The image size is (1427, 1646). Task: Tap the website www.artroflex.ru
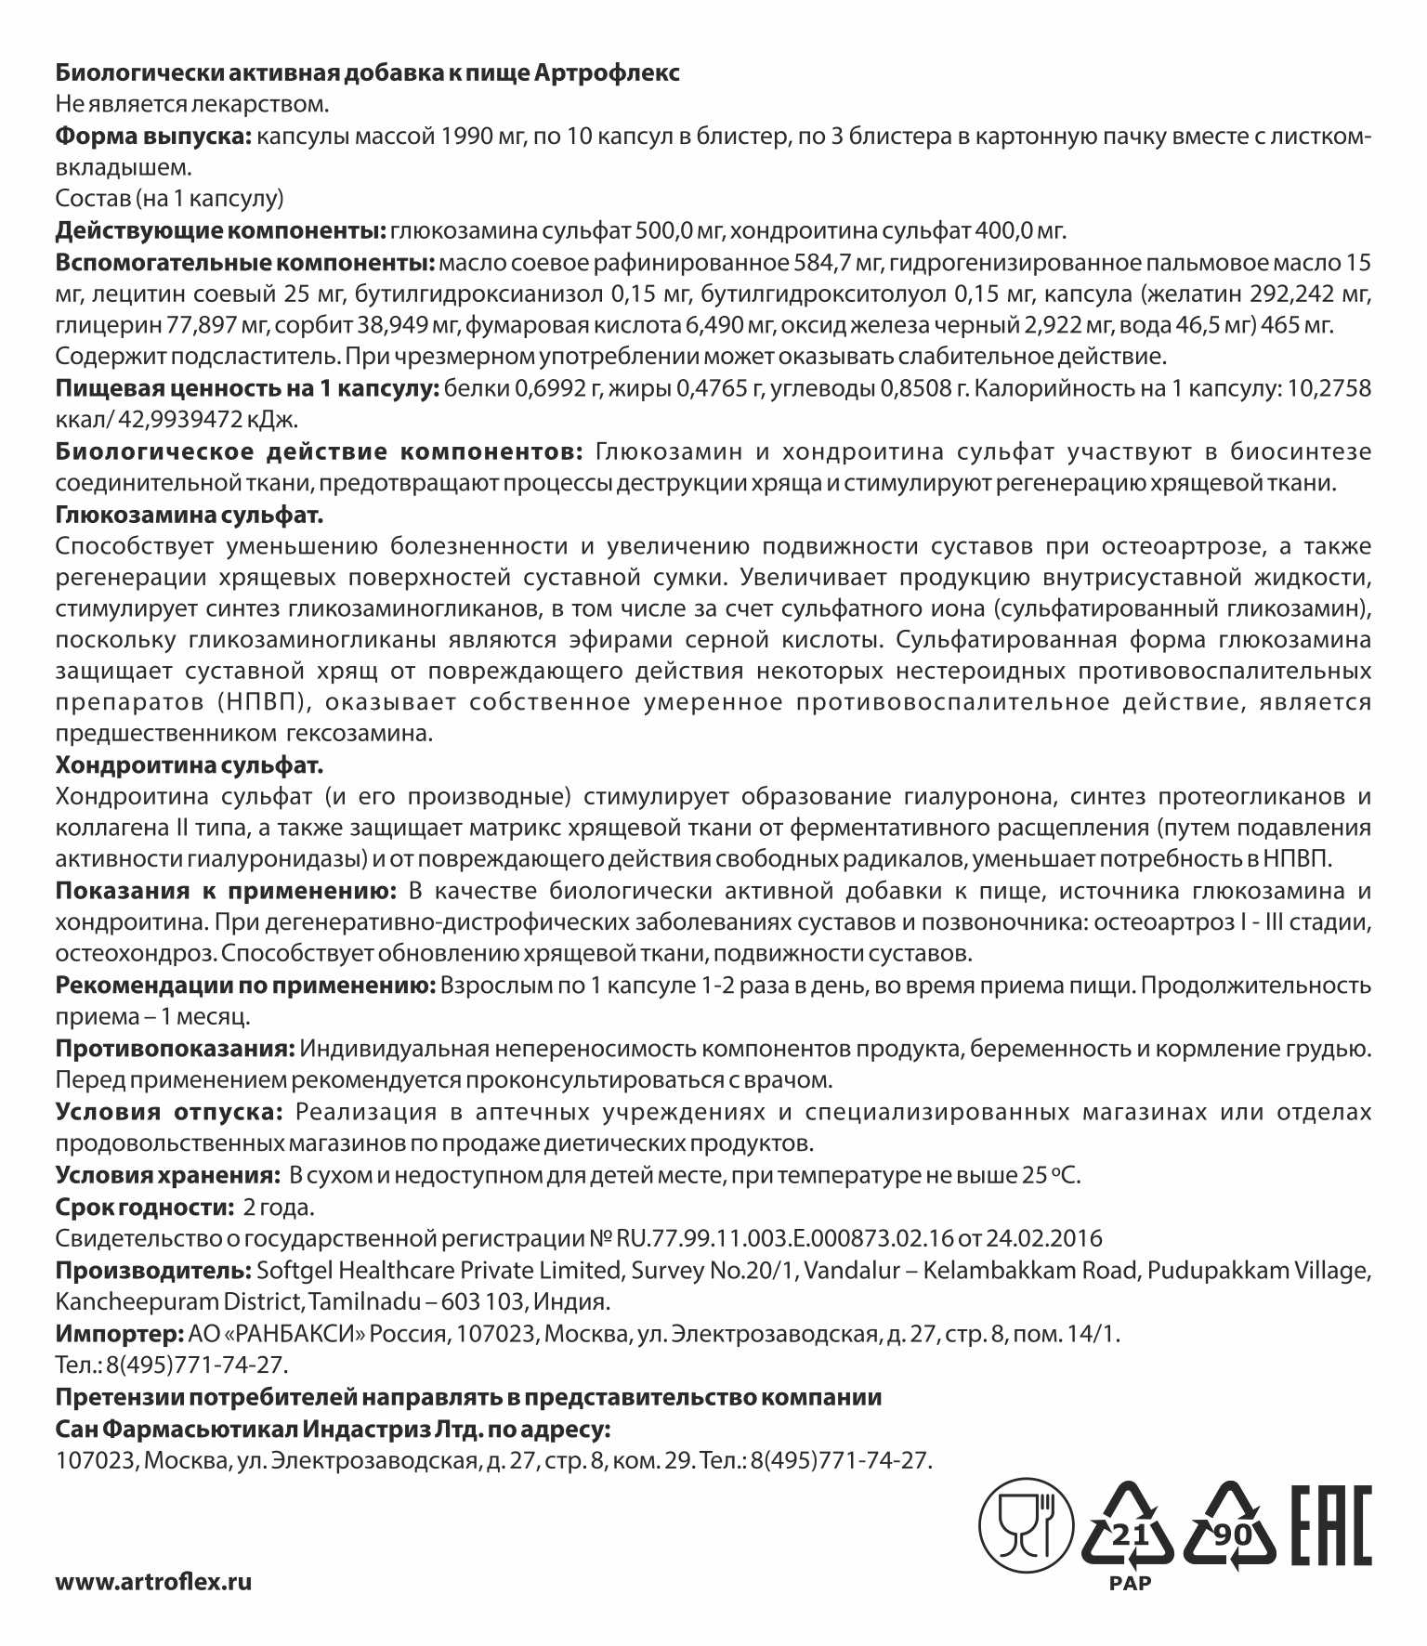pos(153,1582)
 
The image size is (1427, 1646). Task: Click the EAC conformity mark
pos(1331,1526)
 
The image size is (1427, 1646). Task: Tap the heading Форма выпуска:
pos(153,136)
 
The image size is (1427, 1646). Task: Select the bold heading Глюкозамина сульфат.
pos(190,514)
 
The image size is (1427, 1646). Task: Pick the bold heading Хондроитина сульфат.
pos(190,765)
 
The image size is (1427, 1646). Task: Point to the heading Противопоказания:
pos(175,1049)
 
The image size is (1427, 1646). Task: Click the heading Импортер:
pos(118,1334)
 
